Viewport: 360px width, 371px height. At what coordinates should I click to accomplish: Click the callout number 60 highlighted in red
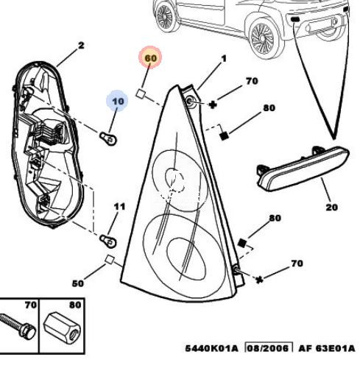(150, 58)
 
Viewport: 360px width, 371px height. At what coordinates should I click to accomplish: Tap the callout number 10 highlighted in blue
(118, 101)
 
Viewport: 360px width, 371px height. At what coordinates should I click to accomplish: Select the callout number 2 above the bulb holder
(81, 46)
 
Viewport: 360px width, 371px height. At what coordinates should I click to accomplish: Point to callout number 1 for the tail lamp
(224, 59)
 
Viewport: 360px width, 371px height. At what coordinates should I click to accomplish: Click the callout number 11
(119, 207)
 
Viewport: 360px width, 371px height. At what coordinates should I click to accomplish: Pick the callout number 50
(78, 283)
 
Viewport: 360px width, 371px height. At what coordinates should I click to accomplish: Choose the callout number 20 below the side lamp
(332, 208)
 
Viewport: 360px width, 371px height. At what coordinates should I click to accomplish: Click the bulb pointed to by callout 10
(108, 138)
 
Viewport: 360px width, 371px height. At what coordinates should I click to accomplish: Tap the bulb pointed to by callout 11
(108, 241)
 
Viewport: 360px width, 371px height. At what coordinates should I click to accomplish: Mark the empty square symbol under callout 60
(141, 93)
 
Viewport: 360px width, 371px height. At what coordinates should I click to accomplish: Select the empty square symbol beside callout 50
(110, 259)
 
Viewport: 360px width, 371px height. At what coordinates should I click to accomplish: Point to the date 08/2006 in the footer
(268, 348)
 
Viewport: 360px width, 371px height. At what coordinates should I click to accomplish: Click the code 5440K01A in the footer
(211, 348)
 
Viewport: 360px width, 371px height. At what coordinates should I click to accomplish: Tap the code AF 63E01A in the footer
(327, 348)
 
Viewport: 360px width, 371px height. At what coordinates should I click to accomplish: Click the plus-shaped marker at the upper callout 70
(213, 105)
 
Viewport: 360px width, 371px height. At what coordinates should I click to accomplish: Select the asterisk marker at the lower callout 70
(259, 280)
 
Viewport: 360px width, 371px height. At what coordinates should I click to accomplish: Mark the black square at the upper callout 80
(225, 136)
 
